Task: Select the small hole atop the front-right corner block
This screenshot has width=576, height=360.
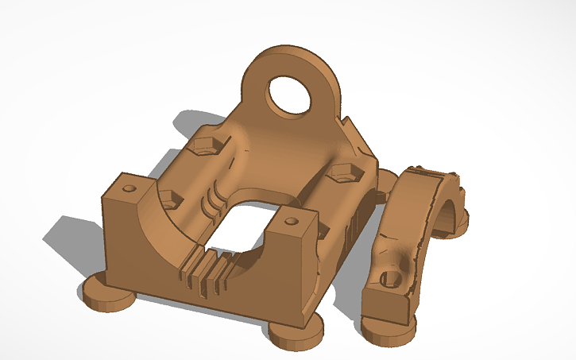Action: click(x=292, y=220)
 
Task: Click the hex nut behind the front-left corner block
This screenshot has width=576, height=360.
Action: click(x=169, y=199)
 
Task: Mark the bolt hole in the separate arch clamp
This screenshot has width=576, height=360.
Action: click(x=389, y=279)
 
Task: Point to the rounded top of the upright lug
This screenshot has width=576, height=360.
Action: click(x=290, y=53)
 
